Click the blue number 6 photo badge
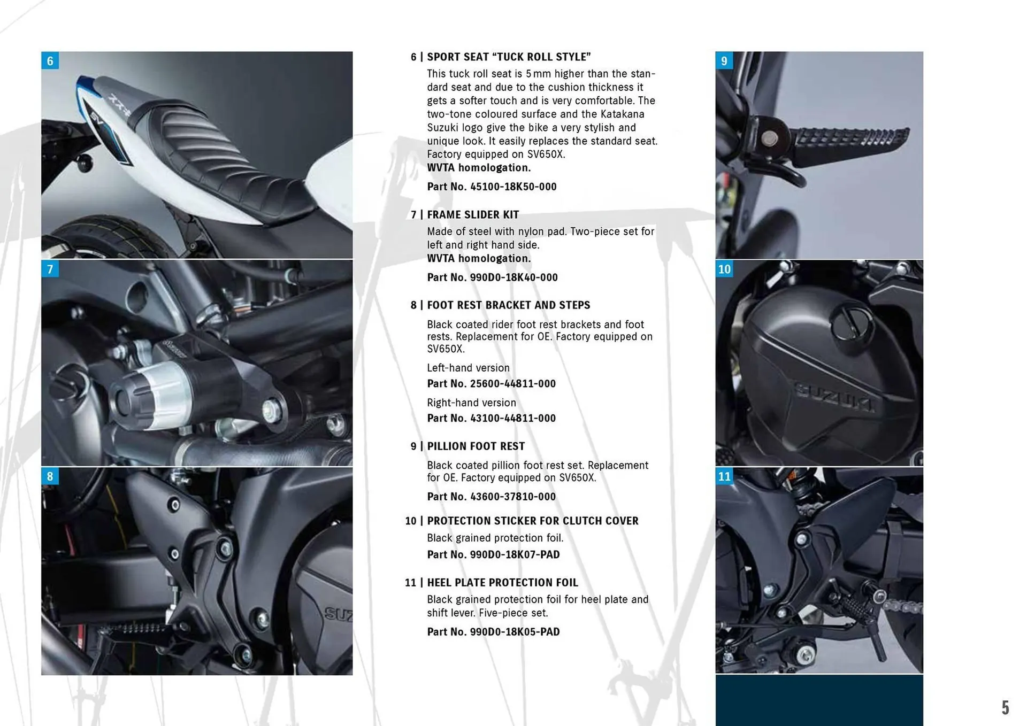coord(50,61)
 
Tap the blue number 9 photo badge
coord(724,61)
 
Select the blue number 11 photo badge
coord(724,476)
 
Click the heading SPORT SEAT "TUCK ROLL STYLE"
coord(508,57)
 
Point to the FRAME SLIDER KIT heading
coord(473,215)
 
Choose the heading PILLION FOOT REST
coord(476,446)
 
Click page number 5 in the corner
coord(1006,708)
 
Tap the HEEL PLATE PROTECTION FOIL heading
coord(502,583)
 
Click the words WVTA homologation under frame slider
coord(479,259)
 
